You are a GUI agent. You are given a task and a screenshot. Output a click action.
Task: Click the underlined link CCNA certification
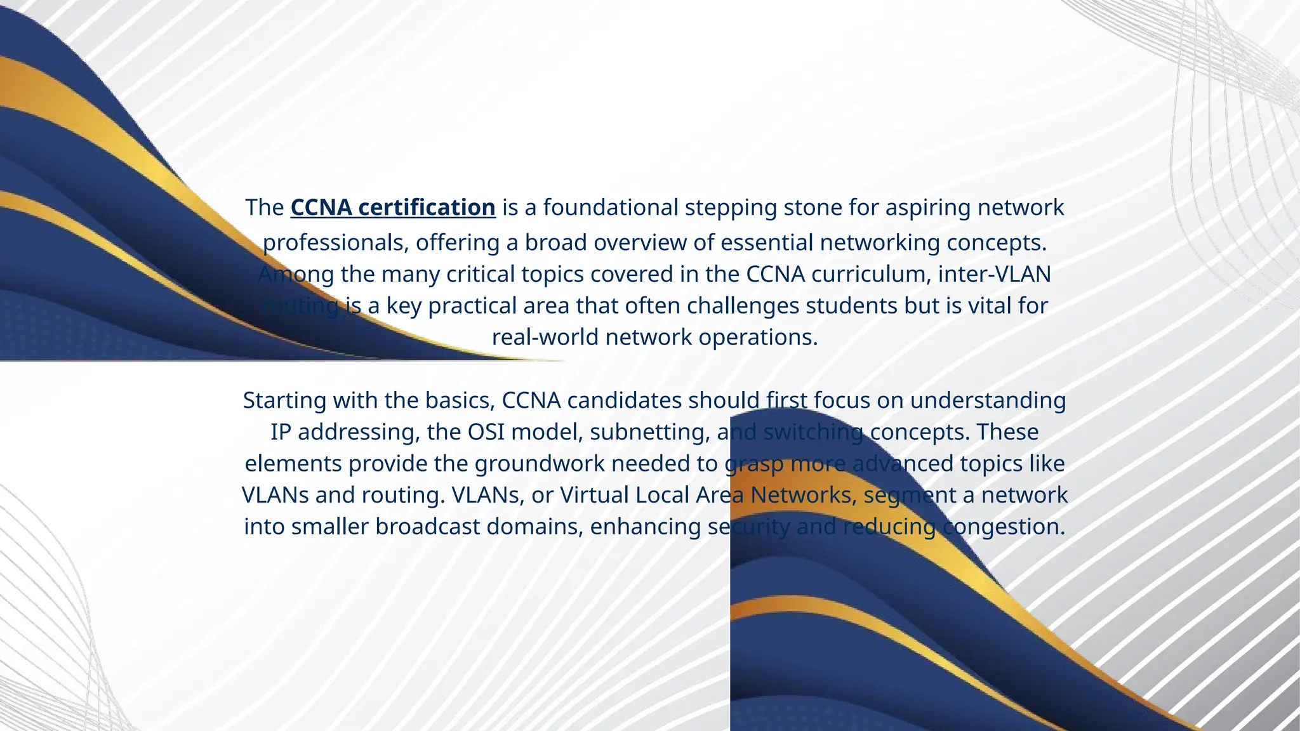[x=393, y=207]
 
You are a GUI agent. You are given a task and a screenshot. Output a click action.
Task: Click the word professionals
[x=336, y=243]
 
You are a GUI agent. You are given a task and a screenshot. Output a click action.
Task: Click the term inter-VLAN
[x=994, y=274]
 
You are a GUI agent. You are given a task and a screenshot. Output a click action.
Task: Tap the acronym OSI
[x=486, y=432]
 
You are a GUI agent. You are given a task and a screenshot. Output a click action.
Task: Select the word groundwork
[x=540, y=464]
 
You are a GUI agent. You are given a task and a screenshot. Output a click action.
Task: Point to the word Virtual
[x=594, y=495]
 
